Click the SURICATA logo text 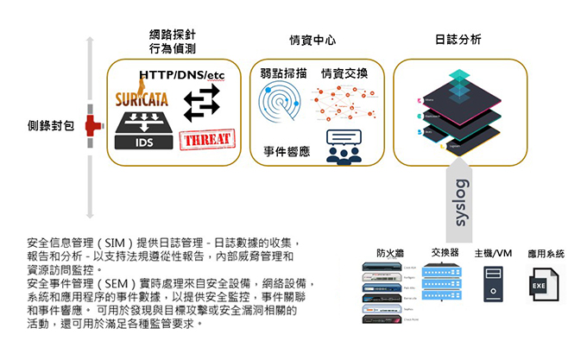pos(142,99)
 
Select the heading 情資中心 pos(312,40)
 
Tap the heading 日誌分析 pos(458,40)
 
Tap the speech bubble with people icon pos(343,146)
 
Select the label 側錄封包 pos(51,126)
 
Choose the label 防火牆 pos(390,254)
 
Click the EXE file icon pos(539,283)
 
